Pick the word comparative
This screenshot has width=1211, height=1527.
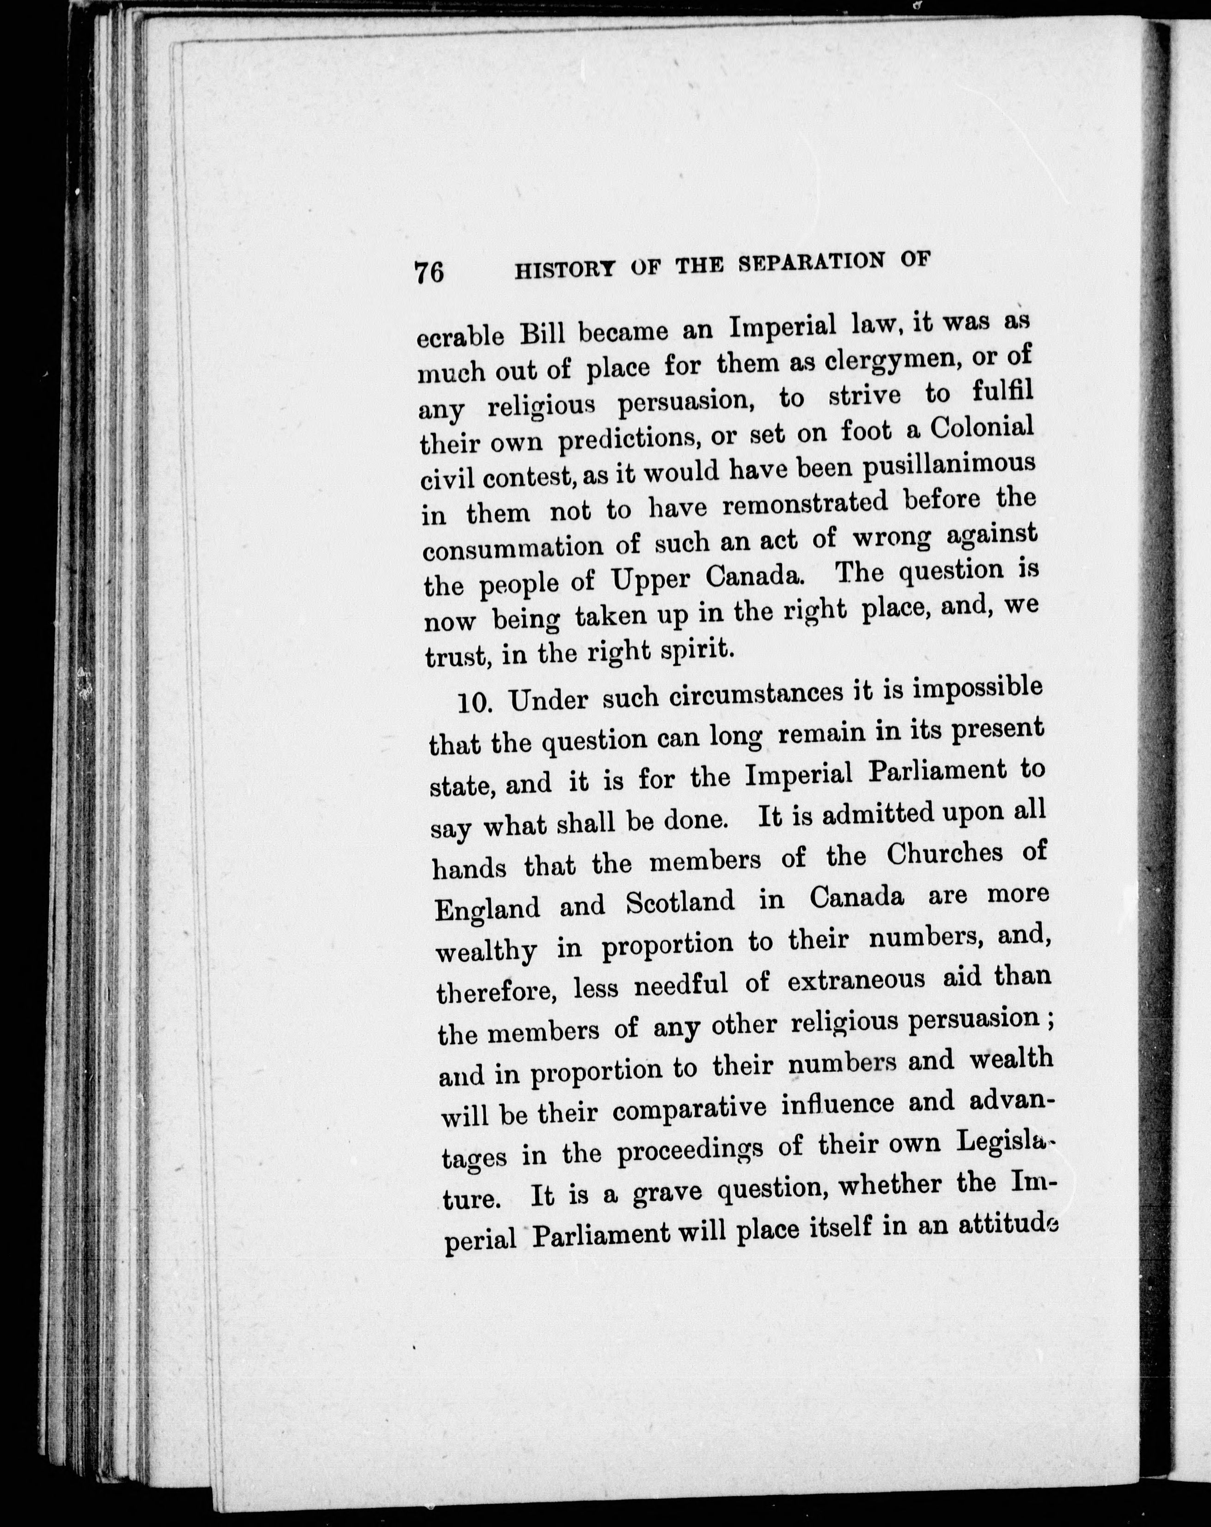[689, 1108]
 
